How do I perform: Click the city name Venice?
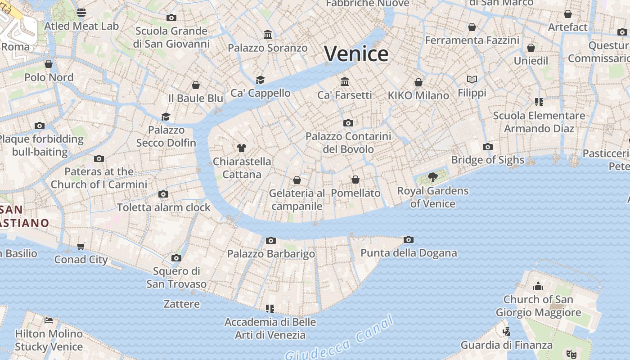click(x=356, y=54)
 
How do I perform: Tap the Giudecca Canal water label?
click(x=340, y=338)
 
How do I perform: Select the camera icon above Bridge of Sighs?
click(x=487, y=147)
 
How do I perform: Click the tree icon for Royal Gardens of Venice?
click(x=433, y=177)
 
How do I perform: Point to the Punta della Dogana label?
click(x=409, y=253)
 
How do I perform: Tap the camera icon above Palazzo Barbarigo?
click(x=270, y=240)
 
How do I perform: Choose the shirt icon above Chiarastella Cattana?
click(x=242, y=148)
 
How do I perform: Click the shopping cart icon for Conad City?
click(x=81, y=246)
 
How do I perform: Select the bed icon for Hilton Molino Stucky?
click(x=49, y=320)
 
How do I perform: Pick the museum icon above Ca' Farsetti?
click(x=345, y=81)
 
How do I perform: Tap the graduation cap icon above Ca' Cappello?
click(x=260, y=80)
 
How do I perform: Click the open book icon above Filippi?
click(x=472, y=80)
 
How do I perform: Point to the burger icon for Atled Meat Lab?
click(x=81, y=12)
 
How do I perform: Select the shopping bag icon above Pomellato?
click(x=355, y=180)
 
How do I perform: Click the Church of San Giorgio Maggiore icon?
click(x=538, y=286)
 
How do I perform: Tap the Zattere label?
click(x=182, y=304)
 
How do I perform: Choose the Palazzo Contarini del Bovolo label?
click(x=348, y=143)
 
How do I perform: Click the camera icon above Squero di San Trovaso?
click(x=176, y=258)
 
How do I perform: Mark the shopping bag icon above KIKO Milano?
click(x=418, y=82)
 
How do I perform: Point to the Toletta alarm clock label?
click(x=164, y=207)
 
